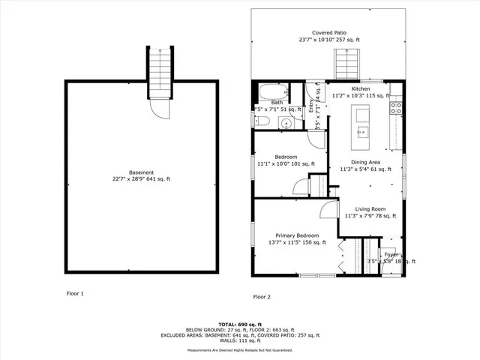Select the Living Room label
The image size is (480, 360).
tap(364, 209)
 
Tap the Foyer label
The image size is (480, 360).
tap(391, 255)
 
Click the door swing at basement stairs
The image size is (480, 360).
tap(160, 109)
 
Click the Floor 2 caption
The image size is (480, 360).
tap(262, 297)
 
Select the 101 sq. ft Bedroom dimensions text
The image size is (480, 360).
tap(286, 163)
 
